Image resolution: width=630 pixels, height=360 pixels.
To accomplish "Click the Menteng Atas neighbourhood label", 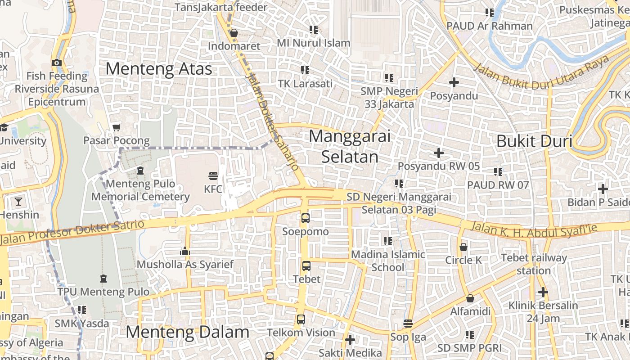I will (158, 69).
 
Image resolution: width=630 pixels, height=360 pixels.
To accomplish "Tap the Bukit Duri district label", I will (534, 141).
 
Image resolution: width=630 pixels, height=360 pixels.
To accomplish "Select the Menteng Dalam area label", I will (187, 332).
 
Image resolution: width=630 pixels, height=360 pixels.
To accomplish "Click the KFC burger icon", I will (213, 175).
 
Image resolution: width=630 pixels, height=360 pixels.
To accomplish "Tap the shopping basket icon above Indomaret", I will (234, 33).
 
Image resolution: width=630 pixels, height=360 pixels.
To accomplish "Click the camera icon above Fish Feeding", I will (57, 63).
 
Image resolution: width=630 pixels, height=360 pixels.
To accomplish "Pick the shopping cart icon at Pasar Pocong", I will (117, 127).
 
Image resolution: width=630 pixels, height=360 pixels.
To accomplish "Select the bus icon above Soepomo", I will (306, 218).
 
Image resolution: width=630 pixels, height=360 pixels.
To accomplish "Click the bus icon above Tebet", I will (306, 265).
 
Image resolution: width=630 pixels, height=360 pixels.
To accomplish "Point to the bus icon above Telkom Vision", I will (301, 319).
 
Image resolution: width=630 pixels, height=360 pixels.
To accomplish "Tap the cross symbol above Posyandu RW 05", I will (439, 153).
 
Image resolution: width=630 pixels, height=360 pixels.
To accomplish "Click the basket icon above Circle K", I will (463, 247).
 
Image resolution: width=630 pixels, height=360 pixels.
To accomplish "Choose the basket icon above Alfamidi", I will (470, 298).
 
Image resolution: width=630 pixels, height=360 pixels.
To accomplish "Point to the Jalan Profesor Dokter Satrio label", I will (72, 232).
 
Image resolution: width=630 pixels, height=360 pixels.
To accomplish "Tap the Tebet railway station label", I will (534, 264).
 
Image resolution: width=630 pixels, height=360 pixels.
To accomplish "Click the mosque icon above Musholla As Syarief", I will (185, 252).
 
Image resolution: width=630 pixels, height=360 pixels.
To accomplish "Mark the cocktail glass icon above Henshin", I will (18, 201).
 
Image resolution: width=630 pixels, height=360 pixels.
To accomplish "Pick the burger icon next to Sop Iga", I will (408, 324).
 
